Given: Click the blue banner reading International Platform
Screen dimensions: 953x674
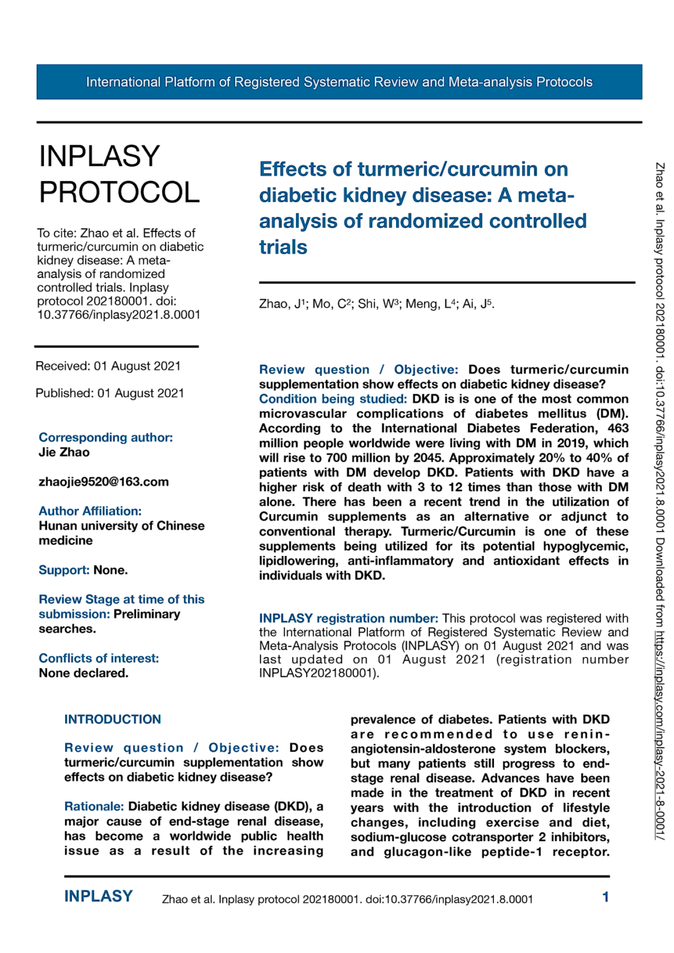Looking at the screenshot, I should (339, 82).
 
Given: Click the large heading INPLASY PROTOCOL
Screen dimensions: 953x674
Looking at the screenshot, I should (119, 174).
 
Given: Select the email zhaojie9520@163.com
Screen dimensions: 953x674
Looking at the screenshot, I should (104, 482).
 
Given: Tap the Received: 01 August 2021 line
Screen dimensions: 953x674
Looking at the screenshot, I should (108, 366).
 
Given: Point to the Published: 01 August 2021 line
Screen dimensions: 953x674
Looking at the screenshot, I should (110, 393).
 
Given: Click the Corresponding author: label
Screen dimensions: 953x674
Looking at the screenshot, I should (106, 437).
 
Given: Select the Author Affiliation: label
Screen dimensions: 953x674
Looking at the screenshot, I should (90, 511).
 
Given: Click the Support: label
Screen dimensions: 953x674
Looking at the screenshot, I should (64, 570).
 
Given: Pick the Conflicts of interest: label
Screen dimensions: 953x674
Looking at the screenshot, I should (99, 658).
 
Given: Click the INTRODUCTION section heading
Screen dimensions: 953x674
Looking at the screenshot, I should (112, 720).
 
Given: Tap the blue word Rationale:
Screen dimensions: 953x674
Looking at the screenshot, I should (94, 807).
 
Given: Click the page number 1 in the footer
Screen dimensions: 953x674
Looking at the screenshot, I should (605, 897).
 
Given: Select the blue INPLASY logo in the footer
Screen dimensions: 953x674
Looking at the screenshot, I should (99, 897).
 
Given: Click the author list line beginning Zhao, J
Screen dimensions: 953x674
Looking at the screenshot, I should (376, 304).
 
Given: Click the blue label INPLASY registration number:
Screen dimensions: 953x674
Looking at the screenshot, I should (348, 619).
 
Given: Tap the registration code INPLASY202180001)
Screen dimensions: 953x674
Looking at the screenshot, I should (318, 673).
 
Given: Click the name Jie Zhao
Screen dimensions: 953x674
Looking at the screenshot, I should (64, 452).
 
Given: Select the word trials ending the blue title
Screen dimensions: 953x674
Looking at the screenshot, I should (283, 247).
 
